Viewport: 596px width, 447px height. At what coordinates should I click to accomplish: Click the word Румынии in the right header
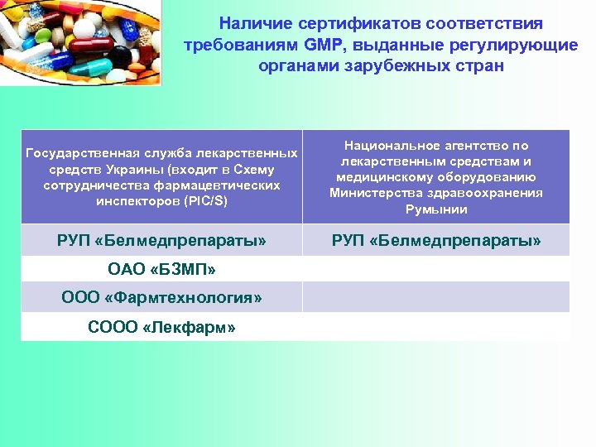pos(436,209)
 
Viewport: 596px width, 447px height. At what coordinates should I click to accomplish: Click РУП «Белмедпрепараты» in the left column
pos(161,241)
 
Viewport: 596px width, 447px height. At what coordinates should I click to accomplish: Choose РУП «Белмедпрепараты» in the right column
pos(436,241)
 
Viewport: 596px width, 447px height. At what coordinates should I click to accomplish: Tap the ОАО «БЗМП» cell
pos(161,269)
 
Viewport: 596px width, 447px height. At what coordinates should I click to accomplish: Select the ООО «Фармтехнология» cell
pos(161,297)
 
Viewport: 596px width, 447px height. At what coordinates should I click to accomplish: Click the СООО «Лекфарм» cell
pos(161,327)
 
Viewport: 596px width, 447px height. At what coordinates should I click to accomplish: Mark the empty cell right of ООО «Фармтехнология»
pos(436,297)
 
